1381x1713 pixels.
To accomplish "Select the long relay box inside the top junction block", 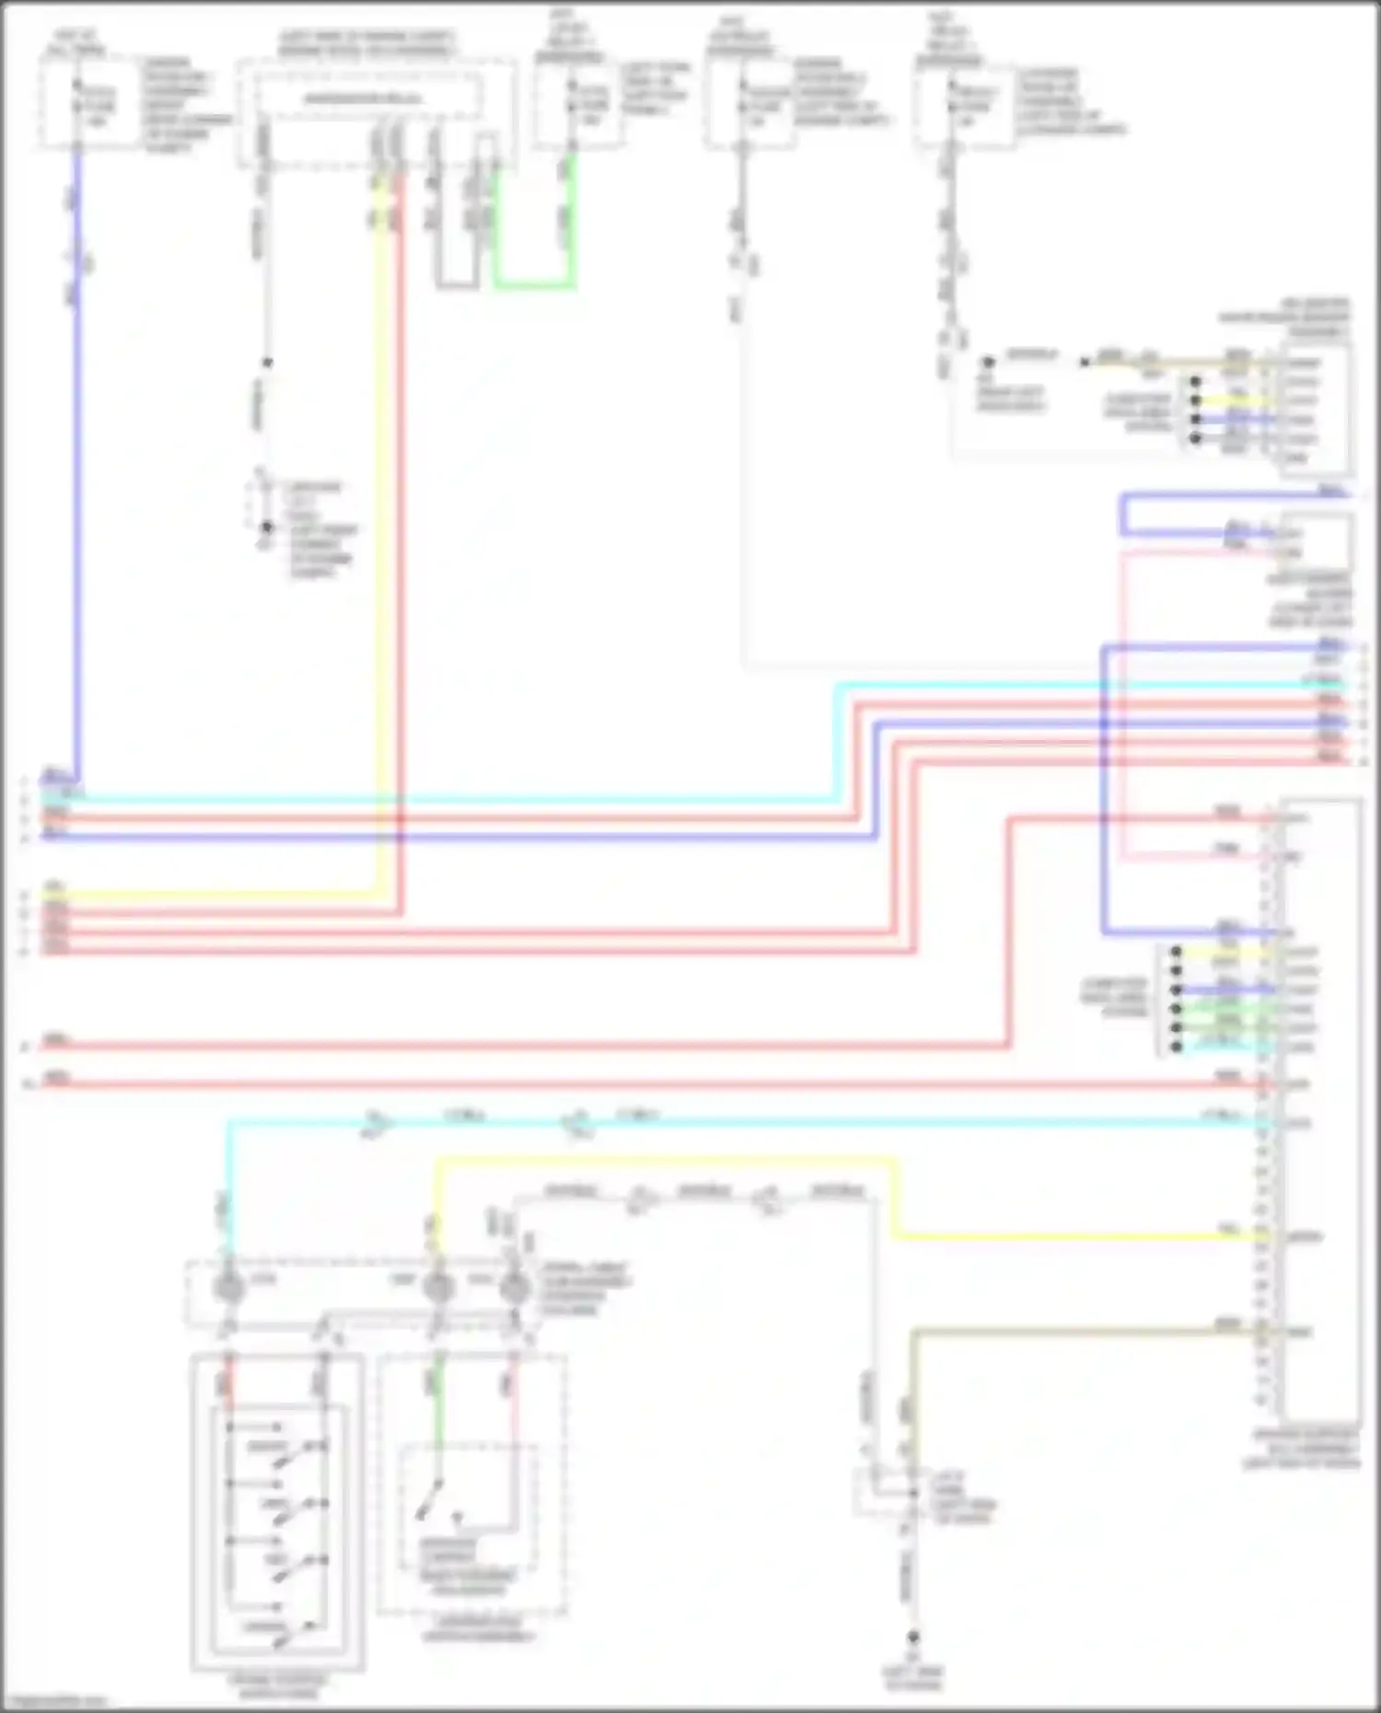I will (x=366, y=98).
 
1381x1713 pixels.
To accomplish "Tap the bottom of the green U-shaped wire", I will (x=534, y=285).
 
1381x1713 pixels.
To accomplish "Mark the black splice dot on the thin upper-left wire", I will (x=267, y=363).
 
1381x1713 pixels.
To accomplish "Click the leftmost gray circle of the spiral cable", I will (x=227, y=1287).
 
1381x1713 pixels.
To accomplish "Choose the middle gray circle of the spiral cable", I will (x=438, y=1287).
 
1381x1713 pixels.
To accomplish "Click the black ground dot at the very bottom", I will (x=912, y=1638).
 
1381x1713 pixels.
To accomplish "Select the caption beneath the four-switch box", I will (x=276, y=1686).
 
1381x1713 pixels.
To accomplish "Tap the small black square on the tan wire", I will (x=1085, y=362).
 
